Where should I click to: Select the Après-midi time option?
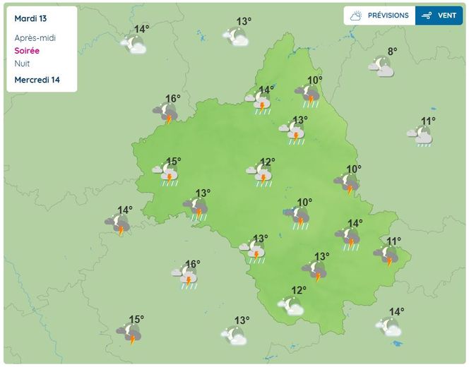coord(35,38)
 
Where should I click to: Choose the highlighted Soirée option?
coord(27,51)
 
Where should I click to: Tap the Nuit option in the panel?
coord(23,64)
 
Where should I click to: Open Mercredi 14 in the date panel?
coord(37,80)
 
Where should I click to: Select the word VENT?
coord(446,16)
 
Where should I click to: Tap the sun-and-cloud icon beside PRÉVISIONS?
coord(357,16)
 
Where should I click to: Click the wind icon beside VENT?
coord(427,16)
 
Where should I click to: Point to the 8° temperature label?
coord(392,51)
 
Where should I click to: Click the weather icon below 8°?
coord(381,66)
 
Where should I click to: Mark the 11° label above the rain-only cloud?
coord(428,121)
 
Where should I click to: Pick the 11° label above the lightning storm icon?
coord(393,241)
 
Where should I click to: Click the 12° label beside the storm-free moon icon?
coord(299,290)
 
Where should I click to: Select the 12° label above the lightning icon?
coord(267,162)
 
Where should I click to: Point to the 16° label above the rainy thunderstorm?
coord(192,265)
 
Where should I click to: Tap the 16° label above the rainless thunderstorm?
coord(173,99)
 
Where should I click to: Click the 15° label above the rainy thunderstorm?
coord(174,162)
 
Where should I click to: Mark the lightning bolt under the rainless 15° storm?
coord(132,339)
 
